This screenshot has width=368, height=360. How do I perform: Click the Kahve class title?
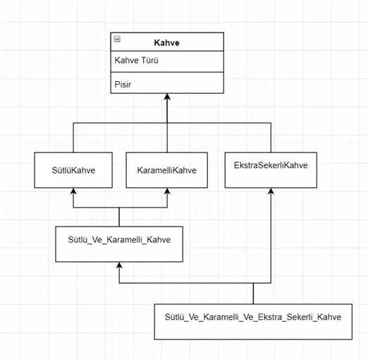coord(166,43)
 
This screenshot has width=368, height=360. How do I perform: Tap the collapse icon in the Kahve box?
coord(117,39)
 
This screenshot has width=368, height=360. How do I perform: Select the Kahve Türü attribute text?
coord(136,60)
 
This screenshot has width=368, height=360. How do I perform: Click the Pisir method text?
coord(123,85)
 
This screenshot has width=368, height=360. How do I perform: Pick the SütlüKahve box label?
coord(73,170)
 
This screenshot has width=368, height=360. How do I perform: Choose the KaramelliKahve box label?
coord(166,170)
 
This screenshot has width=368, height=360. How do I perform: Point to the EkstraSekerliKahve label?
coord(271,165)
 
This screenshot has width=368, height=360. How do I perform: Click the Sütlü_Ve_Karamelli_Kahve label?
coord(119,240)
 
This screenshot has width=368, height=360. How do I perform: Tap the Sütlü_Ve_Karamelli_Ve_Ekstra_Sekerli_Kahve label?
coord(253,317)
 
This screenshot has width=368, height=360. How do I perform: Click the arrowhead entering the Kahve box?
coord(167,96)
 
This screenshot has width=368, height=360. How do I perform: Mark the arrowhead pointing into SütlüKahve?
coord(73,191)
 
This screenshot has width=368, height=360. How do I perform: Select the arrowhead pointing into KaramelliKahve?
coord(167,191)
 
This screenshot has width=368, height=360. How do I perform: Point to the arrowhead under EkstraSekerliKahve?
coord(271,191)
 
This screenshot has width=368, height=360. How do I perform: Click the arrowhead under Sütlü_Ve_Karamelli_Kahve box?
coord(119,265)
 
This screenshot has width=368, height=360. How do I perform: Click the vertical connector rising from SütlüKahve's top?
coord(73,138)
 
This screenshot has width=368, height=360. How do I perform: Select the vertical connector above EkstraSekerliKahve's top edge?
coord(271,138)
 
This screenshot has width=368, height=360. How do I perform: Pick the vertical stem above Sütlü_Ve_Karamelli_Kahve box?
coord(119,217)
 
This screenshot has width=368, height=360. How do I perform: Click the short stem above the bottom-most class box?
coord(253,294)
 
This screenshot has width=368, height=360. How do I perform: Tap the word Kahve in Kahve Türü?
coord(126,60)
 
